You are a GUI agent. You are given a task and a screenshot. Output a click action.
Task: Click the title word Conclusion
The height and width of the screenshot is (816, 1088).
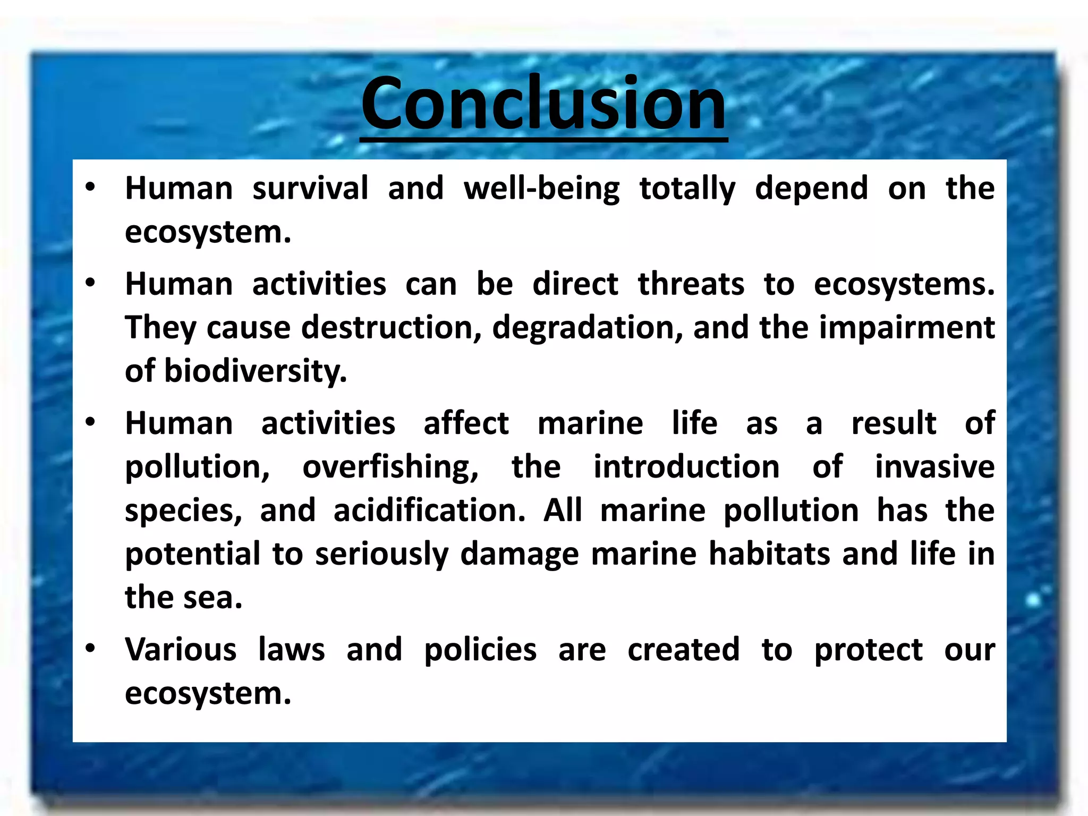[x=543, y=104]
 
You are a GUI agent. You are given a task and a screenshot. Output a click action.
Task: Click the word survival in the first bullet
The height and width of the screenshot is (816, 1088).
[x=310, y=189]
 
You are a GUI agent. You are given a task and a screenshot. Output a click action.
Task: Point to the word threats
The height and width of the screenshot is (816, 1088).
[x=691, y=284]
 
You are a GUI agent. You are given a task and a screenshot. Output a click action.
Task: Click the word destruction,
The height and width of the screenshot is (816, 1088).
[x=392, y=328]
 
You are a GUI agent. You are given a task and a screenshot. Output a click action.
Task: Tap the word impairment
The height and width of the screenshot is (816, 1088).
[x=907, y=328]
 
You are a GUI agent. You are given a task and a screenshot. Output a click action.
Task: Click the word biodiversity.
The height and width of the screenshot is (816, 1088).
[x=256, y=371]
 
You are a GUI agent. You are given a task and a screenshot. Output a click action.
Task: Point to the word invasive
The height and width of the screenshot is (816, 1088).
[x=934, y=467]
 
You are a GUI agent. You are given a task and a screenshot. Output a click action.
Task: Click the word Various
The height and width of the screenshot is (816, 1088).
[x=181, y=650]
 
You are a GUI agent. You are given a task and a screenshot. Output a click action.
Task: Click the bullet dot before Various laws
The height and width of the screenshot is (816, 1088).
[x=90, y=649]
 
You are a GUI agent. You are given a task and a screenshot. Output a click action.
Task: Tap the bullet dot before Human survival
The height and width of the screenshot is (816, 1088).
[x=90, y=187]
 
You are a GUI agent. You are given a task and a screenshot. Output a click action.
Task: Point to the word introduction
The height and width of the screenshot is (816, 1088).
[x=686, y=467]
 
